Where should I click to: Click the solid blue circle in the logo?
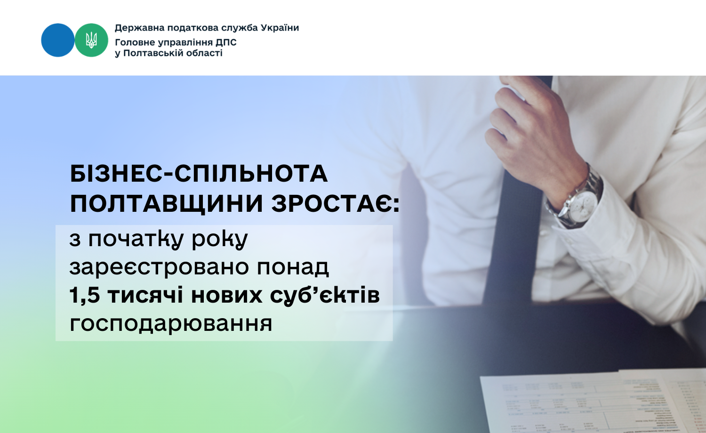(x=58, y=40)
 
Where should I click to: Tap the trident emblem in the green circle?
(x=91, y=40)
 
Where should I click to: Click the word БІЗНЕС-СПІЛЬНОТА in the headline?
(x=199, y=174)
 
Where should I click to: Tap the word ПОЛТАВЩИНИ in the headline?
(x=167, y=204)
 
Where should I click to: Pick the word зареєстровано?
(x=159, y=268)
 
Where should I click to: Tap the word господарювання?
(x=171, y=324)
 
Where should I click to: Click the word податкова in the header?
(x=193, y=28)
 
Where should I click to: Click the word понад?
(x=293, y=268)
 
